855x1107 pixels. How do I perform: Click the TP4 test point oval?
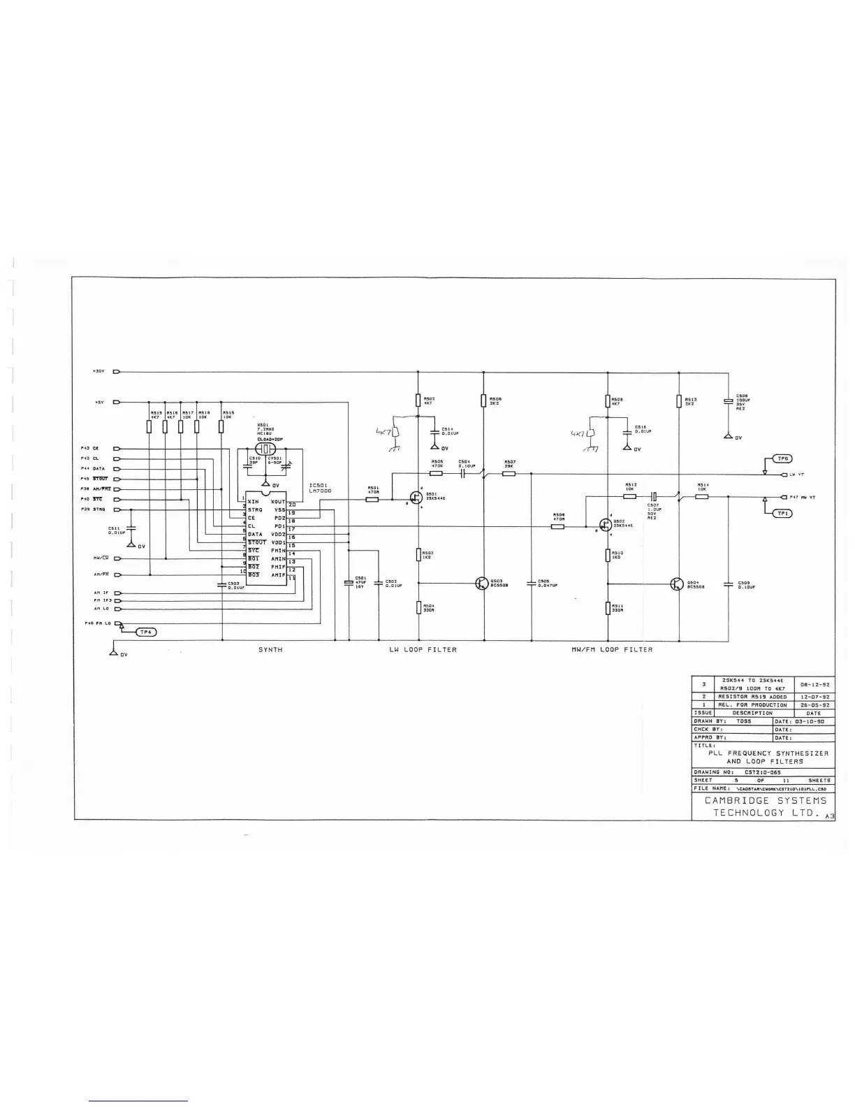click(145, 632)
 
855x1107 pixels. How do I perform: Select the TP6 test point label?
click(782, 459)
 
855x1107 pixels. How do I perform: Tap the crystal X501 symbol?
click(265, 449)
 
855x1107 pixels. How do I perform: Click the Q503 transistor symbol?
click(481, 584)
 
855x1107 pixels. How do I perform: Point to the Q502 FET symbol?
click(605, 525)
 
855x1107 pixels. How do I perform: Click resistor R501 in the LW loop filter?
click(372, 500)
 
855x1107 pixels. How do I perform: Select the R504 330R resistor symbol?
click(418, 607)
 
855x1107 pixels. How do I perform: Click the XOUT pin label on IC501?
click(277, 502)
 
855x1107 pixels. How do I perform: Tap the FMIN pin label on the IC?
click(278, 551)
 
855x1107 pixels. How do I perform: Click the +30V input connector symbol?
click(116, 372)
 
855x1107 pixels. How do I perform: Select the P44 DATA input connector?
click(116, 468)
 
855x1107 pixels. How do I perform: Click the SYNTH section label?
click(270, 650)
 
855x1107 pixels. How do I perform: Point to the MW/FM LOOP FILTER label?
click(612, 650)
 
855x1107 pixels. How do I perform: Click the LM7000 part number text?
click(320, 491)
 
